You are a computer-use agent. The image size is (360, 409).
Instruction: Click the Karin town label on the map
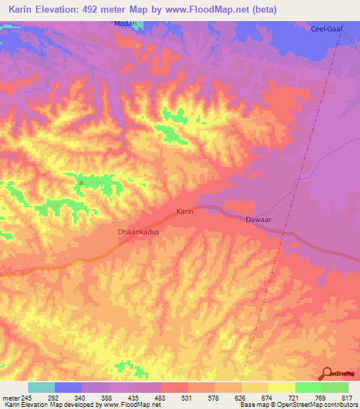click(x=184, y=211)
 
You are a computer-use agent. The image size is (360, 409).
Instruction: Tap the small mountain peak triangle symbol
click(x=81, y=183)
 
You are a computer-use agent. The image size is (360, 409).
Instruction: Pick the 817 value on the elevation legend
click(x=347, y=397)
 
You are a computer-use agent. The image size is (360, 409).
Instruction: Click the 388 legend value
click(x=108, y=397)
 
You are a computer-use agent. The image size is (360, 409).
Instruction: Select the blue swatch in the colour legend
click(x=67, y=387)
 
